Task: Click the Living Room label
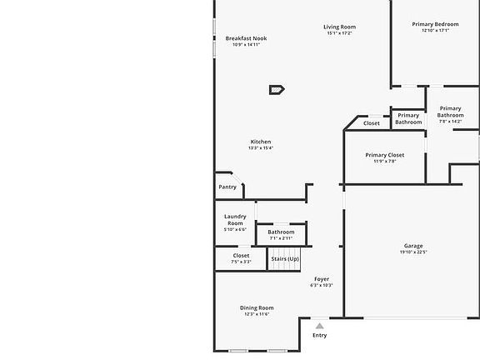[339, 27]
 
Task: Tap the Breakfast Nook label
[246, 38]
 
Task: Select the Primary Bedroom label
[435, 24]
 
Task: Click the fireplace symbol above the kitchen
[277, 89]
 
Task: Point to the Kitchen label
[261, 142]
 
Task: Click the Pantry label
[227, 187]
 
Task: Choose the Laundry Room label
[235, 220]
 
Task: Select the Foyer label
[322, 278]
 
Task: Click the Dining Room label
[257, 307]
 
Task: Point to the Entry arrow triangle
[319, 326]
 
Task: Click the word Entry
[319, 335]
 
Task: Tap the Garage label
[413, 246]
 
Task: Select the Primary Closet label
[385, 155]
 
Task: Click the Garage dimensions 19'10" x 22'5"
[413, 252]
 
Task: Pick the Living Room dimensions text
[339, 34]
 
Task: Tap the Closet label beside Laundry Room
[241, 256]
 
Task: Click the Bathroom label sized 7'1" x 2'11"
[281, 232]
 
